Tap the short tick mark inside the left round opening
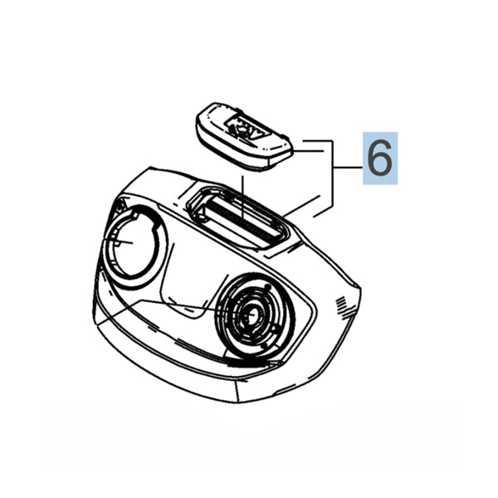point(124,242)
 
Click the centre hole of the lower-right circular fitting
point(251,316)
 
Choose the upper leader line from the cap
point(315,143)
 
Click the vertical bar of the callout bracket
point(334,170)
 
